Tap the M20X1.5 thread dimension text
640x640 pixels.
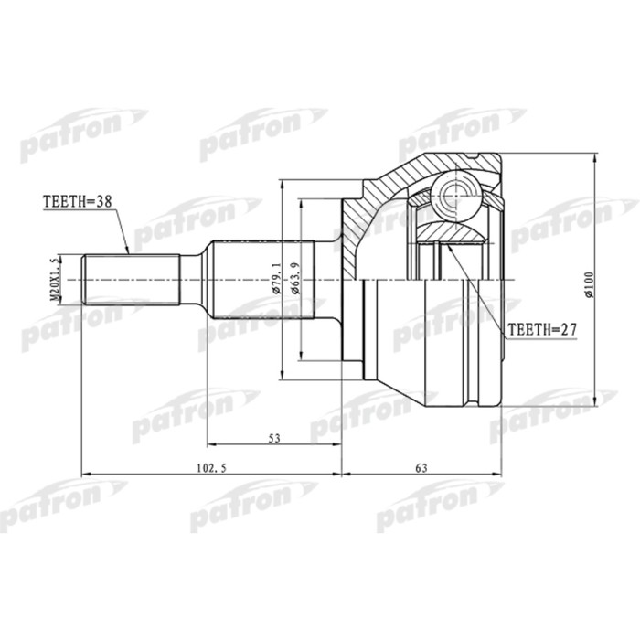pos(55,278)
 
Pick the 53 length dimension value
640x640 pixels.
pos(273,439)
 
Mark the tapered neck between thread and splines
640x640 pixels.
pos(194,278)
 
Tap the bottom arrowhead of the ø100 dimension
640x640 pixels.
pos(597,400)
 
